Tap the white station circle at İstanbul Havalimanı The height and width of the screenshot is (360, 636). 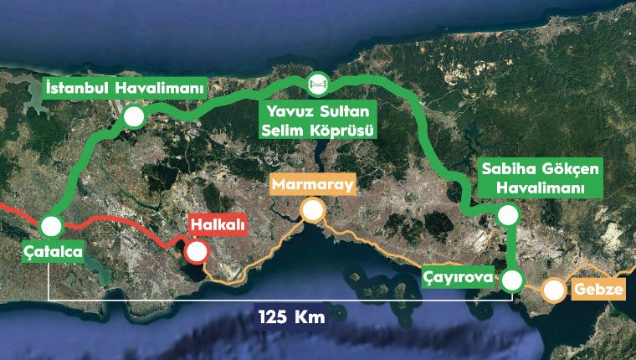(x=132, y=116)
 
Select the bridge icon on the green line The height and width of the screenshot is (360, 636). (x=317, y=82)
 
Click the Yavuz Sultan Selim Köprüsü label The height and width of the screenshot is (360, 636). (x=317, y=120)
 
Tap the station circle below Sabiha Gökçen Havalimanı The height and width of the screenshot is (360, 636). (x=507, y=215)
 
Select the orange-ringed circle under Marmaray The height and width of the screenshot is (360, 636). (x=313, y=210)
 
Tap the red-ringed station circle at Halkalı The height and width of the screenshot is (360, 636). (x=197, y=252)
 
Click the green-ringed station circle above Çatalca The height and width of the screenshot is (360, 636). (x=50, y=226)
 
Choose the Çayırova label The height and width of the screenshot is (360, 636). (x=458, y=275)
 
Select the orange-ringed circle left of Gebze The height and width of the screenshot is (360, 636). (x=553, y=291)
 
